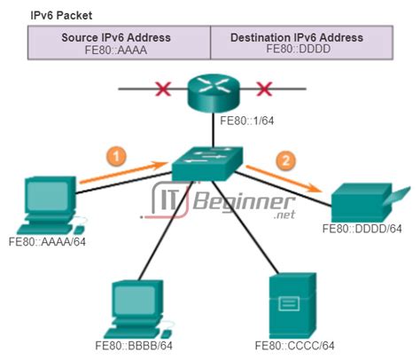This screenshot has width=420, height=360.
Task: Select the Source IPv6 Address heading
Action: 120,37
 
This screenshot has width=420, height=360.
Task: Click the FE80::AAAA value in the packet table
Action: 120,51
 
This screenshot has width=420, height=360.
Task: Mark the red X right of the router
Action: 262,90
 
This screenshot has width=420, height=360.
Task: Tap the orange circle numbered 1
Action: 115,153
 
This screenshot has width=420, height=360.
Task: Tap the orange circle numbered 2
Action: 284,161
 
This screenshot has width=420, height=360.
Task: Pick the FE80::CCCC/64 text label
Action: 292,344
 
